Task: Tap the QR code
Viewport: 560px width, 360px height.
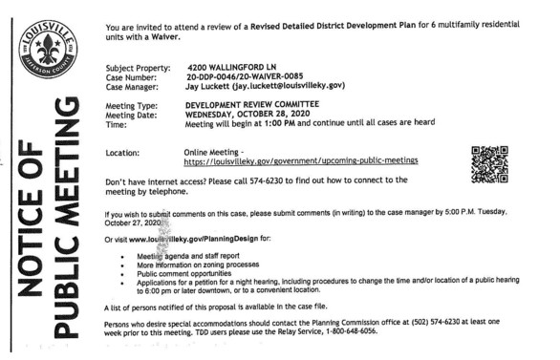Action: (x=488, y=163)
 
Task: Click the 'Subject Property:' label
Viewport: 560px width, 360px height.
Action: (x=135, y=69)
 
